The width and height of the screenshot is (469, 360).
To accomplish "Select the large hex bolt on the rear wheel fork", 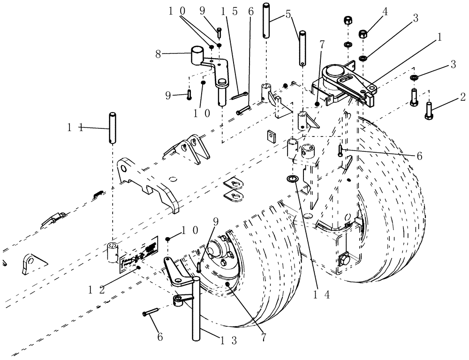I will pos(344,259).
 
